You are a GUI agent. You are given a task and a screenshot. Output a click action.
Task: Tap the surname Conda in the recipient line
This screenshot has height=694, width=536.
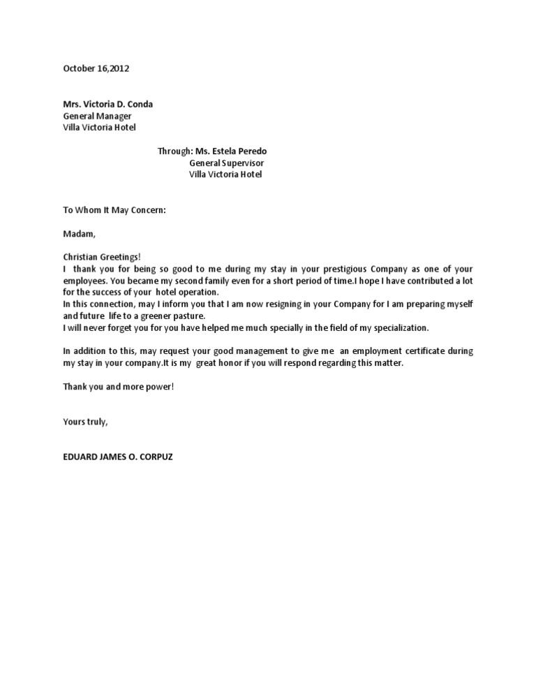pos(140,104)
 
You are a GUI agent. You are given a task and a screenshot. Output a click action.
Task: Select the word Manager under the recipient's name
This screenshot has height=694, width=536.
pos(114,116)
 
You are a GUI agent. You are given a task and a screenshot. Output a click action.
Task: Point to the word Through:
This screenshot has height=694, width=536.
pos(174,151)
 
